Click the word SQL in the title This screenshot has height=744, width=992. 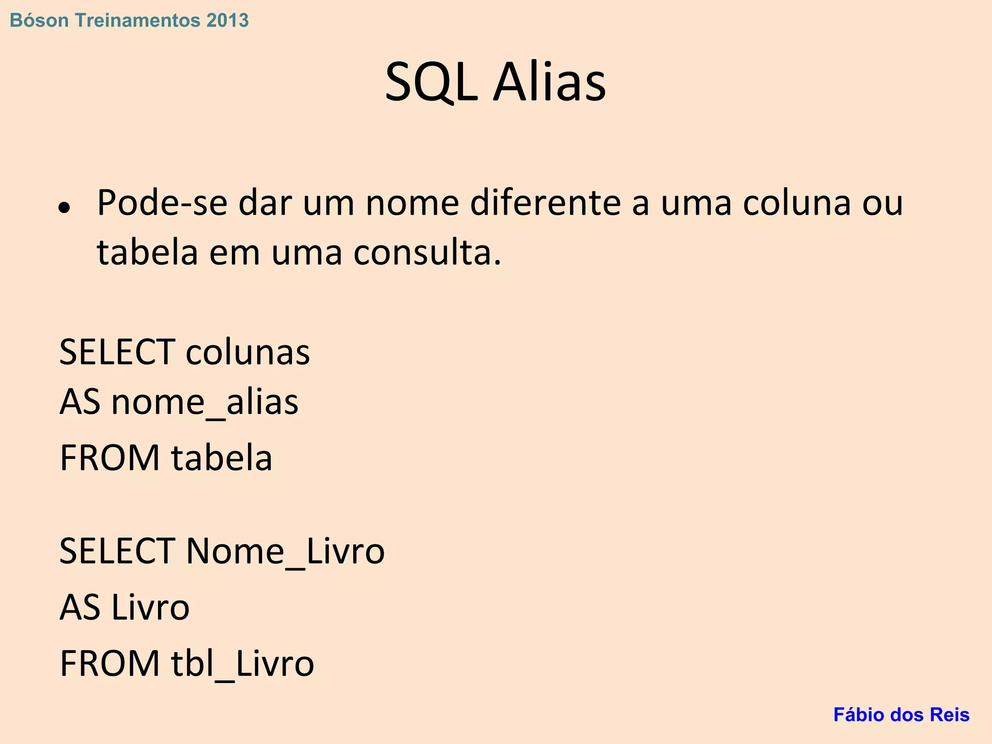(431, 82)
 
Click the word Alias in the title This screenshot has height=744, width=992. (549, 82)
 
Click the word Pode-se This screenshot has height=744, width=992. (162, 202)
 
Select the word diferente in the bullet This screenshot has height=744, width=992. (545, 202)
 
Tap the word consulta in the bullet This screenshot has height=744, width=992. (426, 253)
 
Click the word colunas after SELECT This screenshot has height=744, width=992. (248, 352)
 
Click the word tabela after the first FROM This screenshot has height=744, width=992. (222, 458)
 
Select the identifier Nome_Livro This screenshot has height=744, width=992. (285, 551)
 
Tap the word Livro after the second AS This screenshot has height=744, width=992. (150, 607)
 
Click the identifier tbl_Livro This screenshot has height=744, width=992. (243, 664)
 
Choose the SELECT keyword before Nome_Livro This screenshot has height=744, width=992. (117, 551)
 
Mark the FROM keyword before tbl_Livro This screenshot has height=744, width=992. (109, 664)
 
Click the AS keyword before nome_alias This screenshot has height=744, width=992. (79, 403)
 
